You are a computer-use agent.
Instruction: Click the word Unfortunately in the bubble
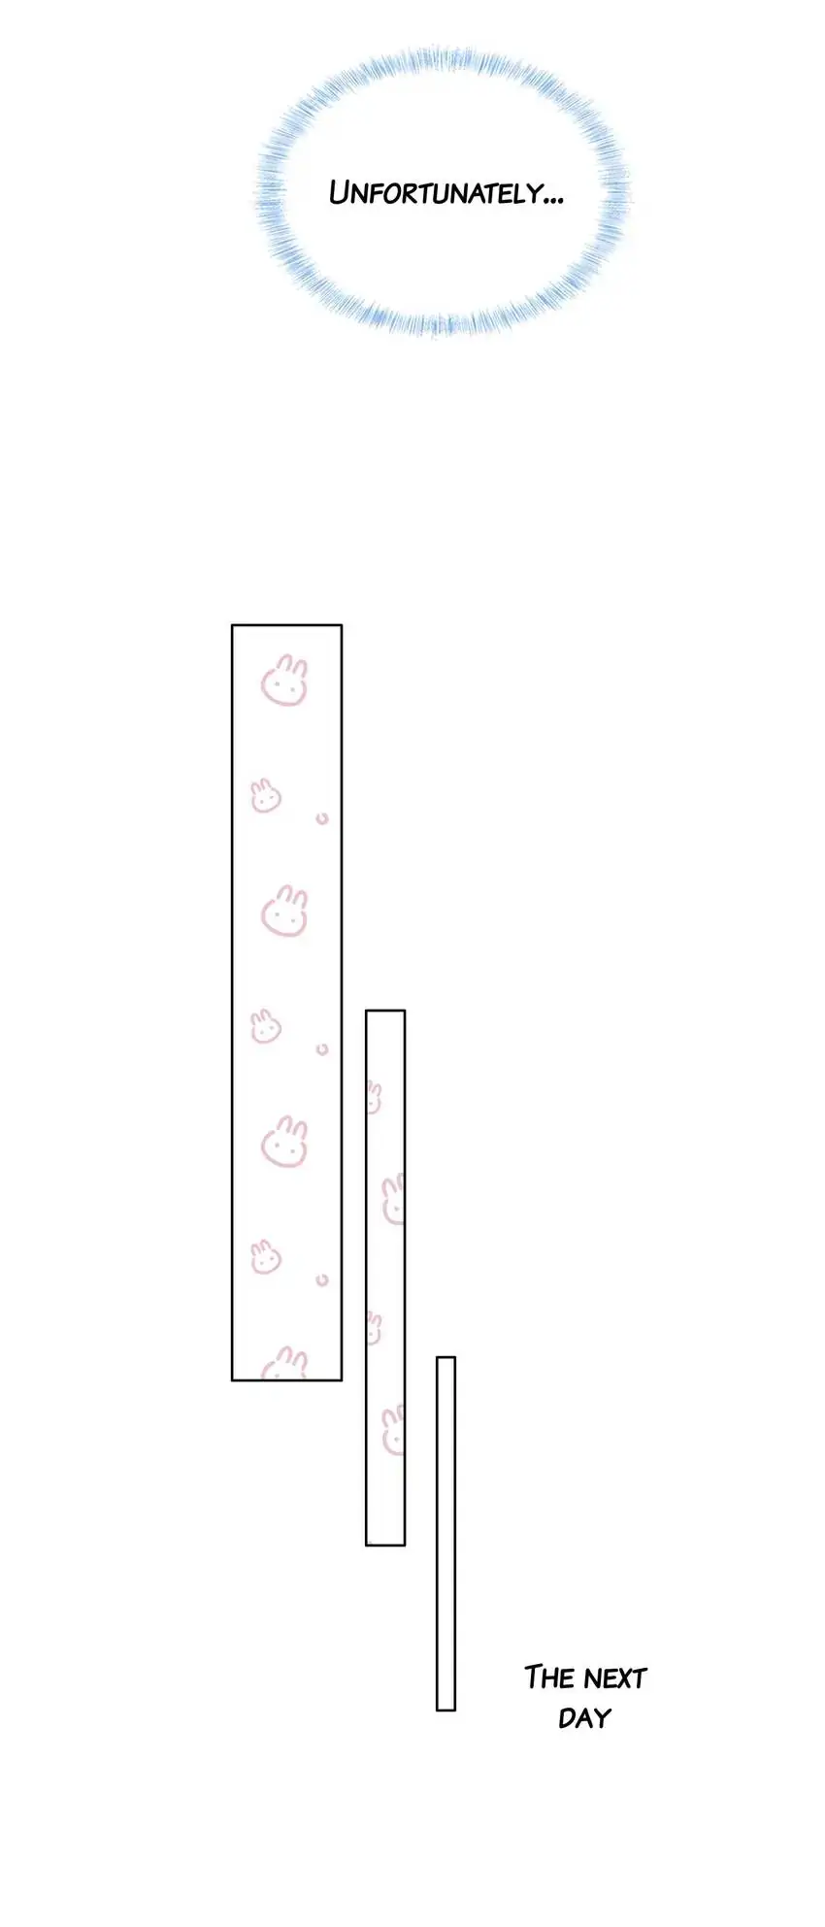(x=435, y=193)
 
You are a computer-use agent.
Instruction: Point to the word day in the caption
(x=584, y=1717)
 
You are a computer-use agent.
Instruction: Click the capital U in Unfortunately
(x=339, y=193)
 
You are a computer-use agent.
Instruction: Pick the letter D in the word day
(x=568, y=1717)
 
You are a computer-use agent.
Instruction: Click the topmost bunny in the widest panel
(x=284, y=680)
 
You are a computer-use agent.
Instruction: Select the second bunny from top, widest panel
(x=266, y=796)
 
